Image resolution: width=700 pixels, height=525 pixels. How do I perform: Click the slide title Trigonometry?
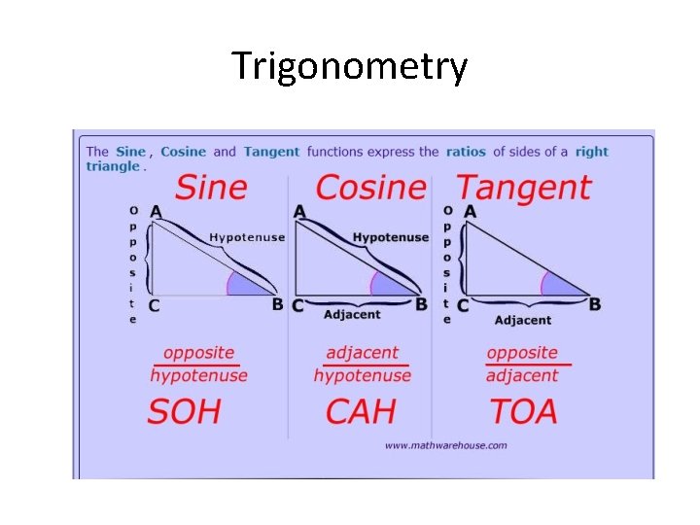tap(350, 67)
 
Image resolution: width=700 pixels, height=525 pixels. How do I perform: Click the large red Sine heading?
tap(211, 187)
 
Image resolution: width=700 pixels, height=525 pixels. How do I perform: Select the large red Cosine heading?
tap(371, 187)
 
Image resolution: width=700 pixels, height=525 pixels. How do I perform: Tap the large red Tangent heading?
tap(523, 187)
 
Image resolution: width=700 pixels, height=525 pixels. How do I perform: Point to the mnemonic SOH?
tap(185, 411)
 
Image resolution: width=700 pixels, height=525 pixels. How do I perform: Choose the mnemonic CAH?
tap(361, 411)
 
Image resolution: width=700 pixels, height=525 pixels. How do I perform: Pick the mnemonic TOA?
tap(523, 411)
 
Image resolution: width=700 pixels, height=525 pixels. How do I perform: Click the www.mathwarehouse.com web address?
tap(445, 445)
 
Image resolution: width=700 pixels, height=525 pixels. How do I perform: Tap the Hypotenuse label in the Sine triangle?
tap(247, 237)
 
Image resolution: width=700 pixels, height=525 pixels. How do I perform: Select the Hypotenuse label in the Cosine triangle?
tap(391, 237)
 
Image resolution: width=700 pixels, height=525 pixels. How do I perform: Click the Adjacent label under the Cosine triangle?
tap(352, 315)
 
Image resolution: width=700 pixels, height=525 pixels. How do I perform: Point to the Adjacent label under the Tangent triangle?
tap(522, 320)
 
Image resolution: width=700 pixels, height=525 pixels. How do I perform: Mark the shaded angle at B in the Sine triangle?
tap(244, 285)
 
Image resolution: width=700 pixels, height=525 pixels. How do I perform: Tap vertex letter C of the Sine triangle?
tap(154, 305)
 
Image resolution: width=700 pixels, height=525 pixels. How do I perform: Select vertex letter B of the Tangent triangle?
tap(595, 304)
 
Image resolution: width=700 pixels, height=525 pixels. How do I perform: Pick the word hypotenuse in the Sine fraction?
tap(199, 375)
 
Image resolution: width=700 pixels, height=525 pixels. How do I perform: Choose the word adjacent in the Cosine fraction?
tap(362, 353)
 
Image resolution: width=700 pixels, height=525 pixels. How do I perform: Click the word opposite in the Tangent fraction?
tap(522, 353)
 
